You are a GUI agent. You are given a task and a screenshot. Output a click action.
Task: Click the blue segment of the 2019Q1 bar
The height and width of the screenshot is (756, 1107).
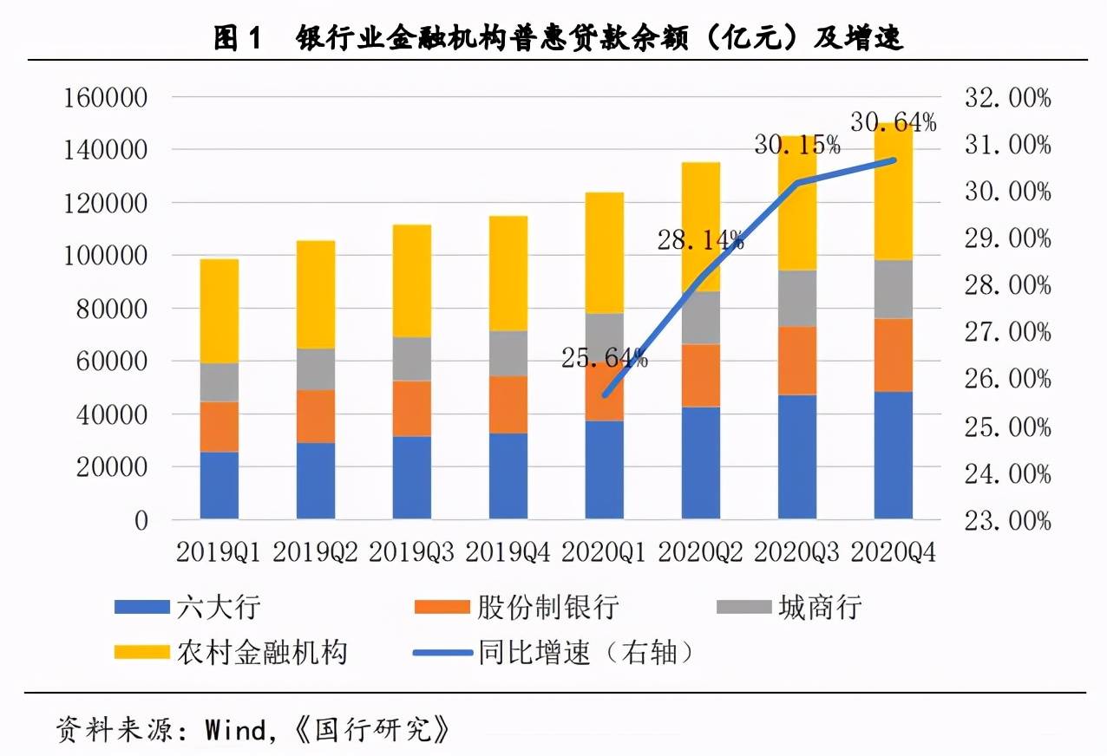click(219, 486)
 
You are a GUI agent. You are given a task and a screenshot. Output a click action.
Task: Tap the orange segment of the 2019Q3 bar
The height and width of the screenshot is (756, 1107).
click(411, 408)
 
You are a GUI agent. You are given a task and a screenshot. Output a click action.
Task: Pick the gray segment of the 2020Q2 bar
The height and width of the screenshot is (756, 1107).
click(700, 317)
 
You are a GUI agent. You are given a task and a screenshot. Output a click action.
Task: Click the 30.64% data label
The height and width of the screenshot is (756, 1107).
click(893, 122)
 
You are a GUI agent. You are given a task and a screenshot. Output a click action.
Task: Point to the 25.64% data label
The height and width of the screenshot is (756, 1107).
click(604, 356)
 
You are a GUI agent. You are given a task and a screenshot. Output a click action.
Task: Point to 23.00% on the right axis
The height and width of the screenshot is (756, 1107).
click(1007, 520)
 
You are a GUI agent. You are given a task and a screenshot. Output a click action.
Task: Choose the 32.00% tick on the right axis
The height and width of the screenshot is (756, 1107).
click(1007, 97)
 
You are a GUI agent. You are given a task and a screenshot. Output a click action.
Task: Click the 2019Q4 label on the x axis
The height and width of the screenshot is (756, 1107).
click(508, 552)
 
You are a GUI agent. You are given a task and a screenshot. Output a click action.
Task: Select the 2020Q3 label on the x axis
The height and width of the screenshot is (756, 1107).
click(796, 552)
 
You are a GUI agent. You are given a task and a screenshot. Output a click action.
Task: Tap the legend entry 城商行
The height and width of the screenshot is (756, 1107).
click(789, 607)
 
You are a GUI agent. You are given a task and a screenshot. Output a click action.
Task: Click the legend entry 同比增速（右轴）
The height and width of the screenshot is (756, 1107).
click(555, 651)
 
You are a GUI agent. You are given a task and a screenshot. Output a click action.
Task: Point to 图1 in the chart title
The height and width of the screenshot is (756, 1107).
click(237, 38)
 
